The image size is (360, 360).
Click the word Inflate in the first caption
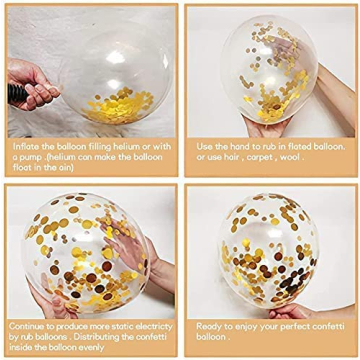[x=25, y=143]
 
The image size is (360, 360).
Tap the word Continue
[x=29, y=326]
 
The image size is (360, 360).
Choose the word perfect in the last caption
[x=291, y=326]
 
